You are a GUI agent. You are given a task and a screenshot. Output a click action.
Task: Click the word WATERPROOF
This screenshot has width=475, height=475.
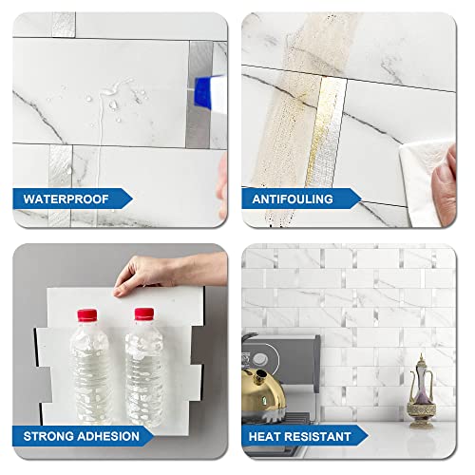65,199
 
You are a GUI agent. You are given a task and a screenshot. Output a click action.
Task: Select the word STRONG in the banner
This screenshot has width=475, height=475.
48,437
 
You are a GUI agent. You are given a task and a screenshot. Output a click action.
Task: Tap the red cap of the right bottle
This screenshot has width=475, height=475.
144,314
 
